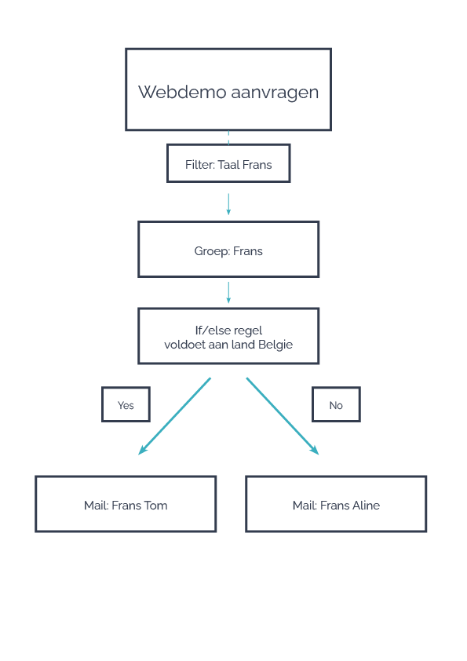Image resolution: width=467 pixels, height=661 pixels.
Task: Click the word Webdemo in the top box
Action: click(183, 92)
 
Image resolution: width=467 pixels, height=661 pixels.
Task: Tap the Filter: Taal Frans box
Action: click(228, 163)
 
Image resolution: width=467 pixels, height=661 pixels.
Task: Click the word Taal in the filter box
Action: click(228, 164)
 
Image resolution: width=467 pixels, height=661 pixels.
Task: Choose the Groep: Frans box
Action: click(228, 250)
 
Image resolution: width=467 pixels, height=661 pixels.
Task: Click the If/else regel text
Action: click(228, 330)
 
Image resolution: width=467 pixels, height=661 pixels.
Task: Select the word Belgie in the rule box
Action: click(275, 345)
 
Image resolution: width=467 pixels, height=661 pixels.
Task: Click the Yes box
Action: click(126, 404)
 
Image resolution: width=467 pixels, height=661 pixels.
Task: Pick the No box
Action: click(336, 404)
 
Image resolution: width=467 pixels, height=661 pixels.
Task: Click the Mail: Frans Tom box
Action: click(126, 504)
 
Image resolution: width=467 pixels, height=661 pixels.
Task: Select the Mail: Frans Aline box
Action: click(336, 504)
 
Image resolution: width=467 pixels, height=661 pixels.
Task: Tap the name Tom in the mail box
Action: click(155, 506)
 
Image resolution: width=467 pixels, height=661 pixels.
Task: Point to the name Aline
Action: click(365, 506)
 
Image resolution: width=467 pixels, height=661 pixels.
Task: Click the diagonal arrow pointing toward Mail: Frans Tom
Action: click(174, 416)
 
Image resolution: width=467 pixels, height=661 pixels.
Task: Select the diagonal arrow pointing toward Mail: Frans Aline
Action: click(283, 416)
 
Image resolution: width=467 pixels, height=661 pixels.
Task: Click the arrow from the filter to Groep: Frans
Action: click(228, 204)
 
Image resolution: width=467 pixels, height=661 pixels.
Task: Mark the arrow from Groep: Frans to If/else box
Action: click(228, 293)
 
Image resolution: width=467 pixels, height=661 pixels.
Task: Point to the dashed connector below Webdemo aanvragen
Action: click(228, 137)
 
